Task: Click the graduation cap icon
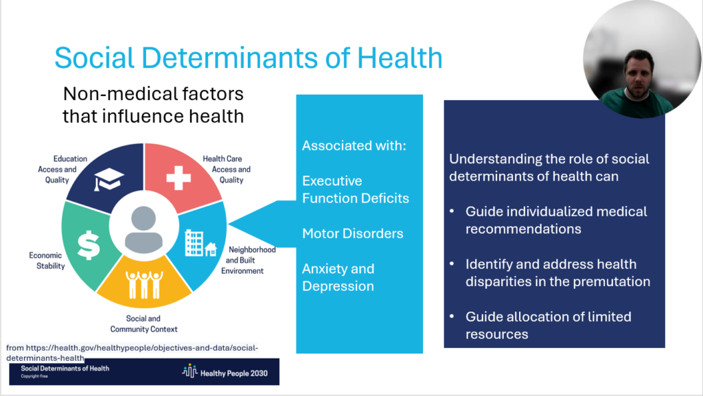tap(108, 179)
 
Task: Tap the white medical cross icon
tap(178, 178)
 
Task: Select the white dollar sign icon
tap(89, 246)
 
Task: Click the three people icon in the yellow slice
tap(144, 284)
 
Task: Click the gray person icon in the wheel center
tap(143, 230)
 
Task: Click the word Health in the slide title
tap(400, 58)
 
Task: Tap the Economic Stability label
tap(47, 261)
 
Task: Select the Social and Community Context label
tap(143, 324)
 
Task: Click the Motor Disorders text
tap(352, 233)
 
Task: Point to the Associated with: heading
tap(354, 145)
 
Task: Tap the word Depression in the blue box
tap(338, 286)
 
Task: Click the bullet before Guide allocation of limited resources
tap(452, 316)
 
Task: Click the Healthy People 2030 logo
tap(224, 372)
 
